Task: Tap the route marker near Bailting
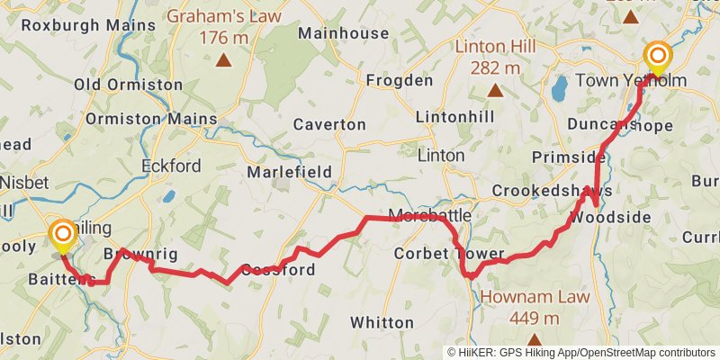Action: point(63,235)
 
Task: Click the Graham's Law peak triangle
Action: point(222,61)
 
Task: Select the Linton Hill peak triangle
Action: point(494,90)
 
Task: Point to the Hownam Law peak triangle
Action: point(534,340)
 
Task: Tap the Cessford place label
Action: point(277,270)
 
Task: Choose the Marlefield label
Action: point(291,172)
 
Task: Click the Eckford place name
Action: point(171,166)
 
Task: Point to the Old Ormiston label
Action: point(129,85)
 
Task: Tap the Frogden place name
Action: point(400,81)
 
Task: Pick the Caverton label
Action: point(329,124)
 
